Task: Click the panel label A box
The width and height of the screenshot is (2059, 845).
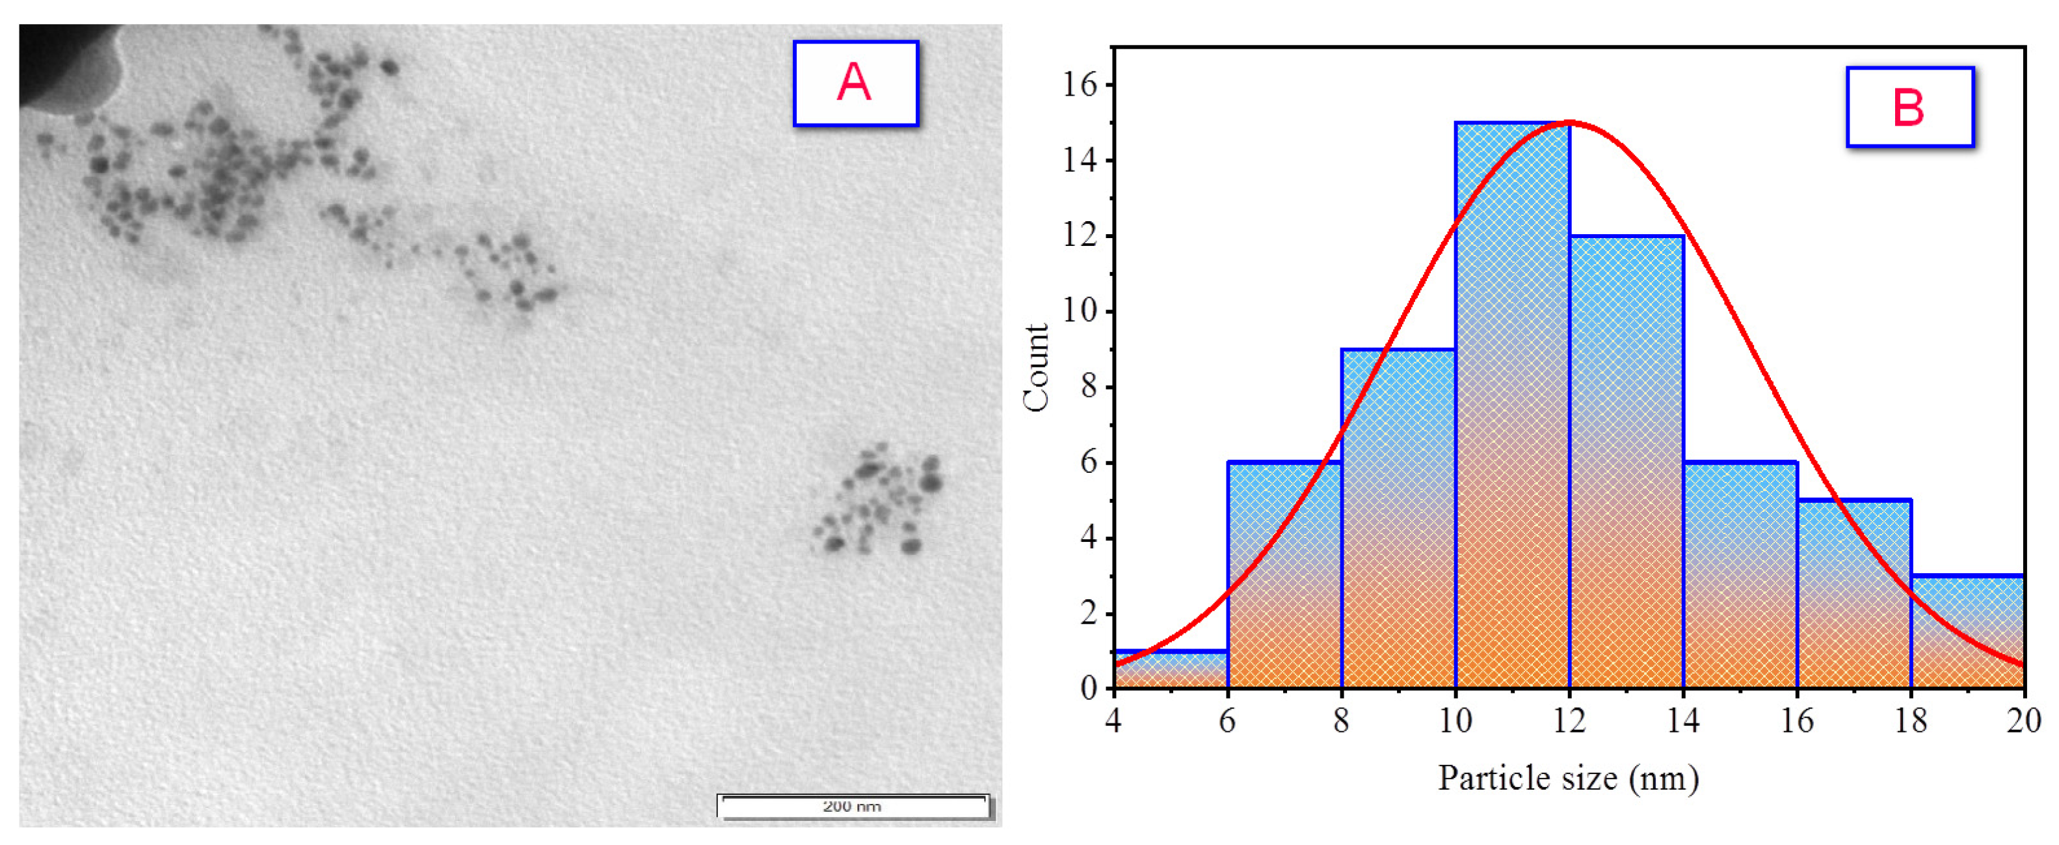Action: point(855,83)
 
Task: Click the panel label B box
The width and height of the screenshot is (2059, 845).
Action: point(1909,107)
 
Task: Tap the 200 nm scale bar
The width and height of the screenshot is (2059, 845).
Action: point(853,806)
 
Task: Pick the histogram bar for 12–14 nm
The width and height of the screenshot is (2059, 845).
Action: point(1627,464)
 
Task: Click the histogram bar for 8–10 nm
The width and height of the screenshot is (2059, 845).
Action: point(1398,520)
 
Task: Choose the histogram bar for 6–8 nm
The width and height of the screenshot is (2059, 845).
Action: point(1284,576)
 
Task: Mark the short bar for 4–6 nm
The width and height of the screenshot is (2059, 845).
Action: point(1170,670)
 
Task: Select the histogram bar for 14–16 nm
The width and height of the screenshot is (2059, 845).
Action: point(1741,576)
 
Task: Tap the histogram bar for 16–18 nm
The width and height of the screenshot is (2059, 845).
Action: point(1854,596)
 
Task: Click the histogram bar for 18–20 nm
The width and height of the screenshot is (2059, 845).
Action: point(1968,632)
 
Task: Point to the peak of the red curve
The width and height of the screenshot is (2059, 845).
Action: point(1570,122)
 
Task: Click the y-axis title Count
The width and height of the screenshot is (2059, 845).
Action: point(1037,368)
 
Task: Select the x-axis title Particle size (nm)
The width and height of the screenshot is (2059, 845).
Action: point(1568,778)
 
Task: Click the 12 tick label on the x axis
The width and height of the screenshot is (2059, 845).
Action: point(1569,721)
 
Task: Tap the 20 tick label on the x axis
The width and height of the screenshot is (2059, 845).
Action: point(2024,721)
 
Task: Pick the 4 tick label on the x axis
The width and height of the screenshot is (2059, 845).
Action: point(1113,721)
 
